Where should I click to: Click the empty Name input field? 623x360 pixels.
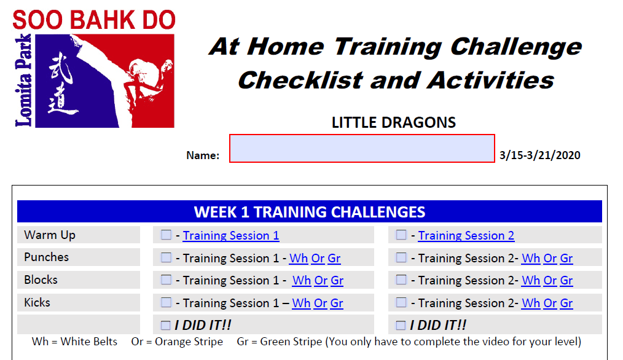coord(362,148)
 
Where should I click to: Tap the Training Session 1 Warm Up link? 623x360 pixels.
coord(231,236)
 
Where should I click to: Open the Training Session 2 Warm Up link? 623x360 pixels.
coord(466,236)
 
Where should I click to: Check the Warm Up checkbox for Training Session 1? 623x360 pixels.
coord(166,235)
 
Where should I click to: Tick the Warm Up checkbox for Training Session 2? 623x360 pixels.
coord(401,235)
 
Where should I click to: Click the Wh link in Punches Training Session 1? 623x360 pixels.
coord(299,258)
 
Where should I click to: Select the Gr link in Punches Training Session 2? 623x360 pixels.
coord(566,258)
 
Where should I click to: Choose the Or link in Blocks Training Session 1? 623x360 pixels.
coord(321,281)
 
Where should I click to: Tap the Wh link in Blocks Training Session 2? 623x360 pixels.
coord(531,281)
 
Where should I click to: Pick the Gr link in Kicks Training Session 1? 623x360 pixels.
coord(337,303)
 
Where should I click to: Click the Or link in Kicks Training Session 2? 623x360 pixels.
coord(550,303)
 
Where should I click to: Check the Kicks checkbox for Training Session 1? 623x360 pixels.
coord(166,302)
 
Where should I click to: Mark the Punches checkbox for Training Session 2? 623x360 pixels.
coord(401,257)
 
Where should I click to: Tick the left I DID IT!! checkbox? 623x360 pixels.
coord(166,326)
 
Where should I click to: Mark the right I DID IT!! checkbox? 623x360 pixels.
coord(401,326)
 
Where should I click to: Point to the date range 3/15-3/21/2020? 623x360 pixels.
coord(540,155)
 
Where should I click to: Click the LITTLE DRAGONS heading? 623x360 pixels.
coord(394,122)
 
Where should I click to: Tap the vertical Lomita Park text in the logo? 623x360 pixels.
coord(23,80)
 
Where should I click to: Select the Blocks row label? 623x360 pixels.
coord(41,280)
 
